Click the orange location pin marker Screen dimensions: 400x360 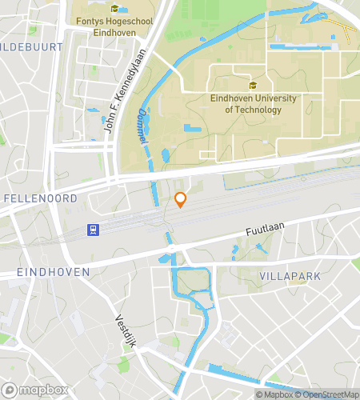[181, 200]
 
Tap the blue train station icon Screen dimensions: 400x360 [94, 230]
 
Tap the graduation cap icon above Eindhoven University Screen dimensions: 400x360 [253, 86]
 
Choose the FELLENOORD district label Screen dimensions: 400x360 [40, 198]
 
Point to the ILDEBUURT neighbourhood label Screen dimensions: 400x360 [32, 47]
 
